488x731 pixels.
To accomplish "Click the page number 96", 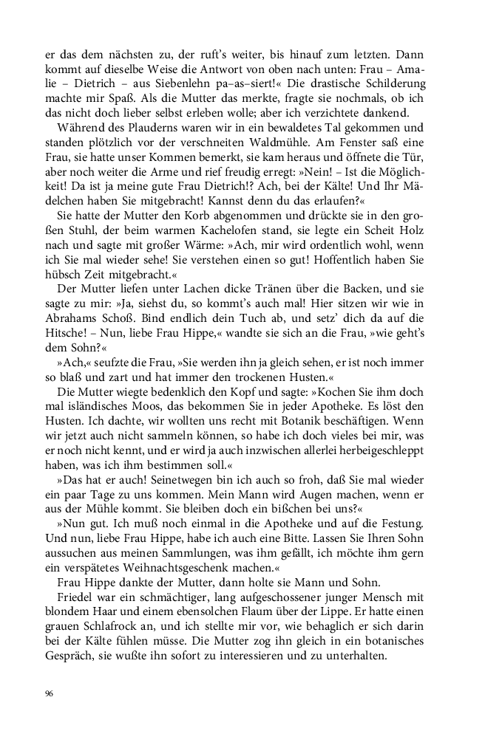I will (50, 693).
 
